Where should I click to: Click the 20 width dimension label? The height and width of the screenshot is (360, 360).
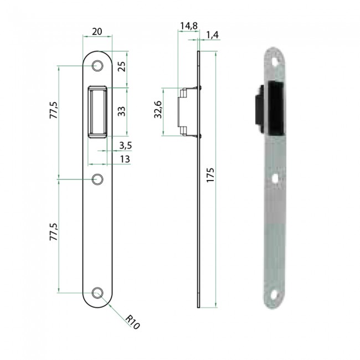pos(96,32)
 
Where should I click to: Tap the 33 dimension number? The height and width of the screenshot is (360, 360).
pos(122,111)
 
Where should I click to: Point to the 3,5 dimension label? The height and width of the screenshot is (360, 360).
pos(125,146)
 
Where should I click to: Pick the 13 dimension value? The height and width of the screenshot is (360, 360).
pos(125,159)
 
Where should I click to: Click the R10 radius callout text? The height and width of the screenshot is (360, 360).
pos(131,321)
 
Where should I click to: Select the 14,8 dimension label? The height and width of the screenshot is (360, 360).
pos(189,25)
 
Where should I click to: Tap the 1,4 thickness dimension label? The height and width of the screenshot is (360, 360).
pos(212,35)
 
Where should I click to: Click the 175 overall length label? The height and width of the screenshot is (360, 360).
pos(210,176)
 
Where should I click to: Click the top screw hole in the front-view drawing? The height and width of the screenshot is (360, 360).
pos(97,66)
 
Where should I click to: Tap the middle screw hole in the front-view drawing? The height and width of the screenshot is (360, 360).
pos(97,179)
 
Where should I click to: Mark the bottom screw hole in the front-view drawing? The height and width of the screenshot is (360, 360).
pos(97,293)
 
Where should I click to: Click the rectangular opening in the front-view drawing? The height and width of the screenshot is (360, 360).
pos(97,111)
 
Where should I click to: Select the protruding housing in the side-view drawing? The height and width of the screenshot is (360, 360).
pos(186,111)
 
